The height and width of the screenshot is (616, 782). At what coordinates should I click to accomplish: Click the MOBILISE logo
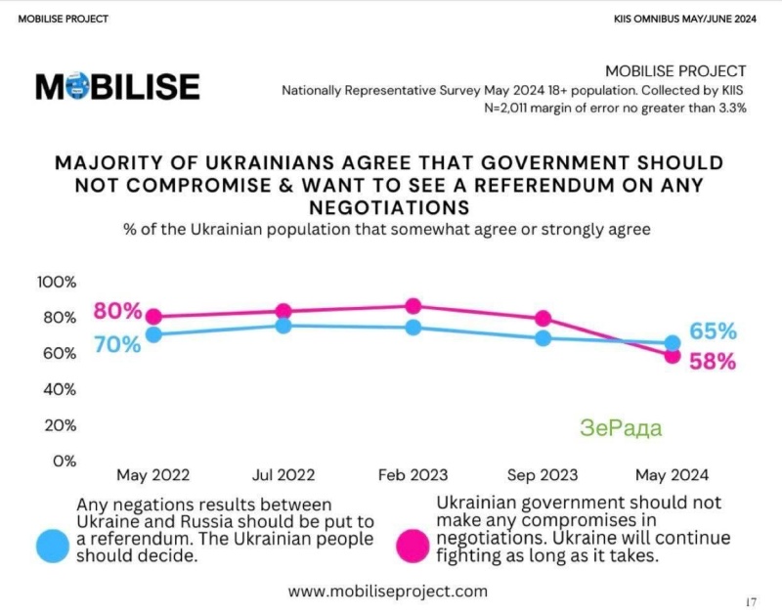[117, 86]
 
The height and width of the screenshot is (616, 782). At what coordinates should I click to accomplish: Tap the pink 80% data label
[117, 313]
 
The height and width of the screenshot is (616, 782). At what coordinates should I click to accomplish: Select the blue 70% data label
[117, 344]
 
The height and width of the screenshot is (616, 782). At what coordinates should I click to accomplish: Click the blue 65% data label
[713, 331]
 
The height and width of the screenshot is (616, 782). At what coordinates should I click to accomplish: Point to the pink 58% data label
[713, 362]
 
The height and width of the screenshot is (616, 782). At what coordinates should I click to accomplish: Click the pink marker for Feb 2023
[413, 306]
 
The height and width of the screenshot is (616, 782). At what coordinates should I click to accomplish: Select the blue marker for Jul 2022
[283, 325]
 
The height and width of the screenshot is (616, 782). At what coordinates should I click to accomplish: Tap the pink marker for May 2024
[673, 356]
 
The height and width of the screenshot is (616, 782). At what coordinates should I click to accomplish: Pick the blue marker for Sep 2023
[543, 337]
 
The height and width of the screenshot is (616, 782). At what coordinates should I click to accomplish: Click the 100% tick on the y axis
[57, 283]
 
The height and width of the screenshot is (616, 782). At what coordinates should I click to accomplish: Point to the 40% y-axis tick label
[57, 389]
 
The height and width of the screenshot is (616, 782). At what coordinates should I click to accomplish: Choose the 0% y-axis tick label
[63, 460]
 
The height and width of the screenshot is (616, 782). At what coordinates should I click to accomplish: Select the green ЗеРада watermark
[620, 428]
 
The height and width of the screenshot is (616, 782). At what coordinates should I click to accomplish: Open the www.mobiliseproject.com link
[388, 592]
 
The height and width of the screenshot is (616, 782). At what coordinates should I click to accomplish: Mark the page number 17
[751, 601]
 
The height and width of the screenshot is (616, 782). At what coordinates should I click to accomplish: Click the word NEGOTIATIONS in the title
[390, 207]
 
